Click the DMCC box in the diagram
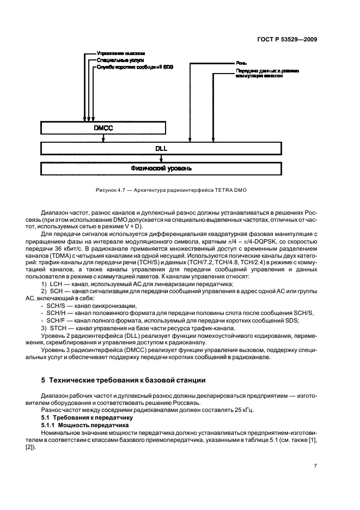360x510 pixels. [x=97, y=129]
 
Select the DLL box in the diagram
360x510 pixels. [x=160, y=148]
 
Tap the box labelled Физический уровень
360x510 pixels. [x=160, y=168]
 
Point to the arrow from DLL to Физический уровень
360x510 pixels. [x=160, y=158]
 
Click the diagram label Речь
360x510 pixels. [x=242, y=64]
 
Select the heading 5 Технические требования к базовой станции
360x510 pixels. [x=128, y=380]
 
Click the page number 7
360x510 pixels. [x=315, y=465]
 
